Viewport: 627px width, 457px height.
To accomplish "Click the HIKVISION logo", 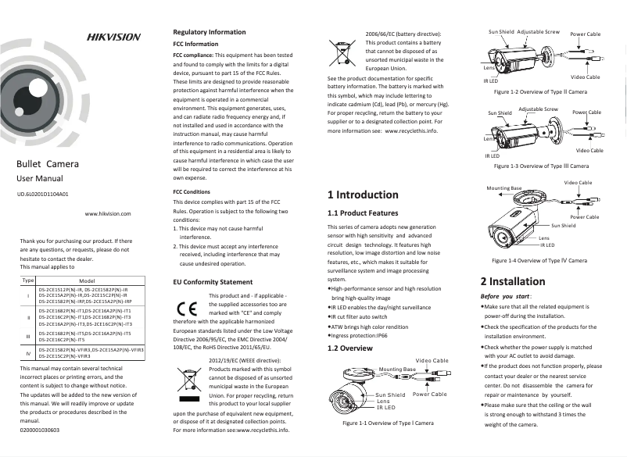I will (x=113, y=37).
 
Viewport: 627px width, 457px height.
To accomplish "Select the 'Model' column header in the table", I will (x=88, y=280).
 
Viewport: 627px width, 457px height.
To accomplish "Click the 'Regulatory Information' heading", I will (x=209, y=32).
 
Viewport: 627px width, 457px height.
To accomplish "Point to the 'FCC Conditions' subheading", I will (x=192, y=191).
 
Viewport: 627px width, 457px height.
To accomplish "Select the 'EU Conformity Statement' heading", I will (x=213, y=281).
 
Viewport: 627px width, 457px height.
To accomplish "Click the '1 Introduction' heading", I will (x=363, y=195).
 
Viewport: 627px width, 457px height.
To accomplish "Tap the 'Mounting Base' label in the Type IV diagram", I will (x=503, y=188).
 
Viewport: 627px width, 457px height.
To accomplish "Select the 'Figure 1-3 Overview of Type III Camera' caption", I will (x=536, y=166).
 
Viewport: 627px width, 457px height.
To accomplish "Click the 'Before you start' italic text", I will (x=506, y=297).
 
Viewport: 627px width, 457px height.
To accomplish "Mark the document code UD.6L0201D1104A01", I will (x=43, y=192).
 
